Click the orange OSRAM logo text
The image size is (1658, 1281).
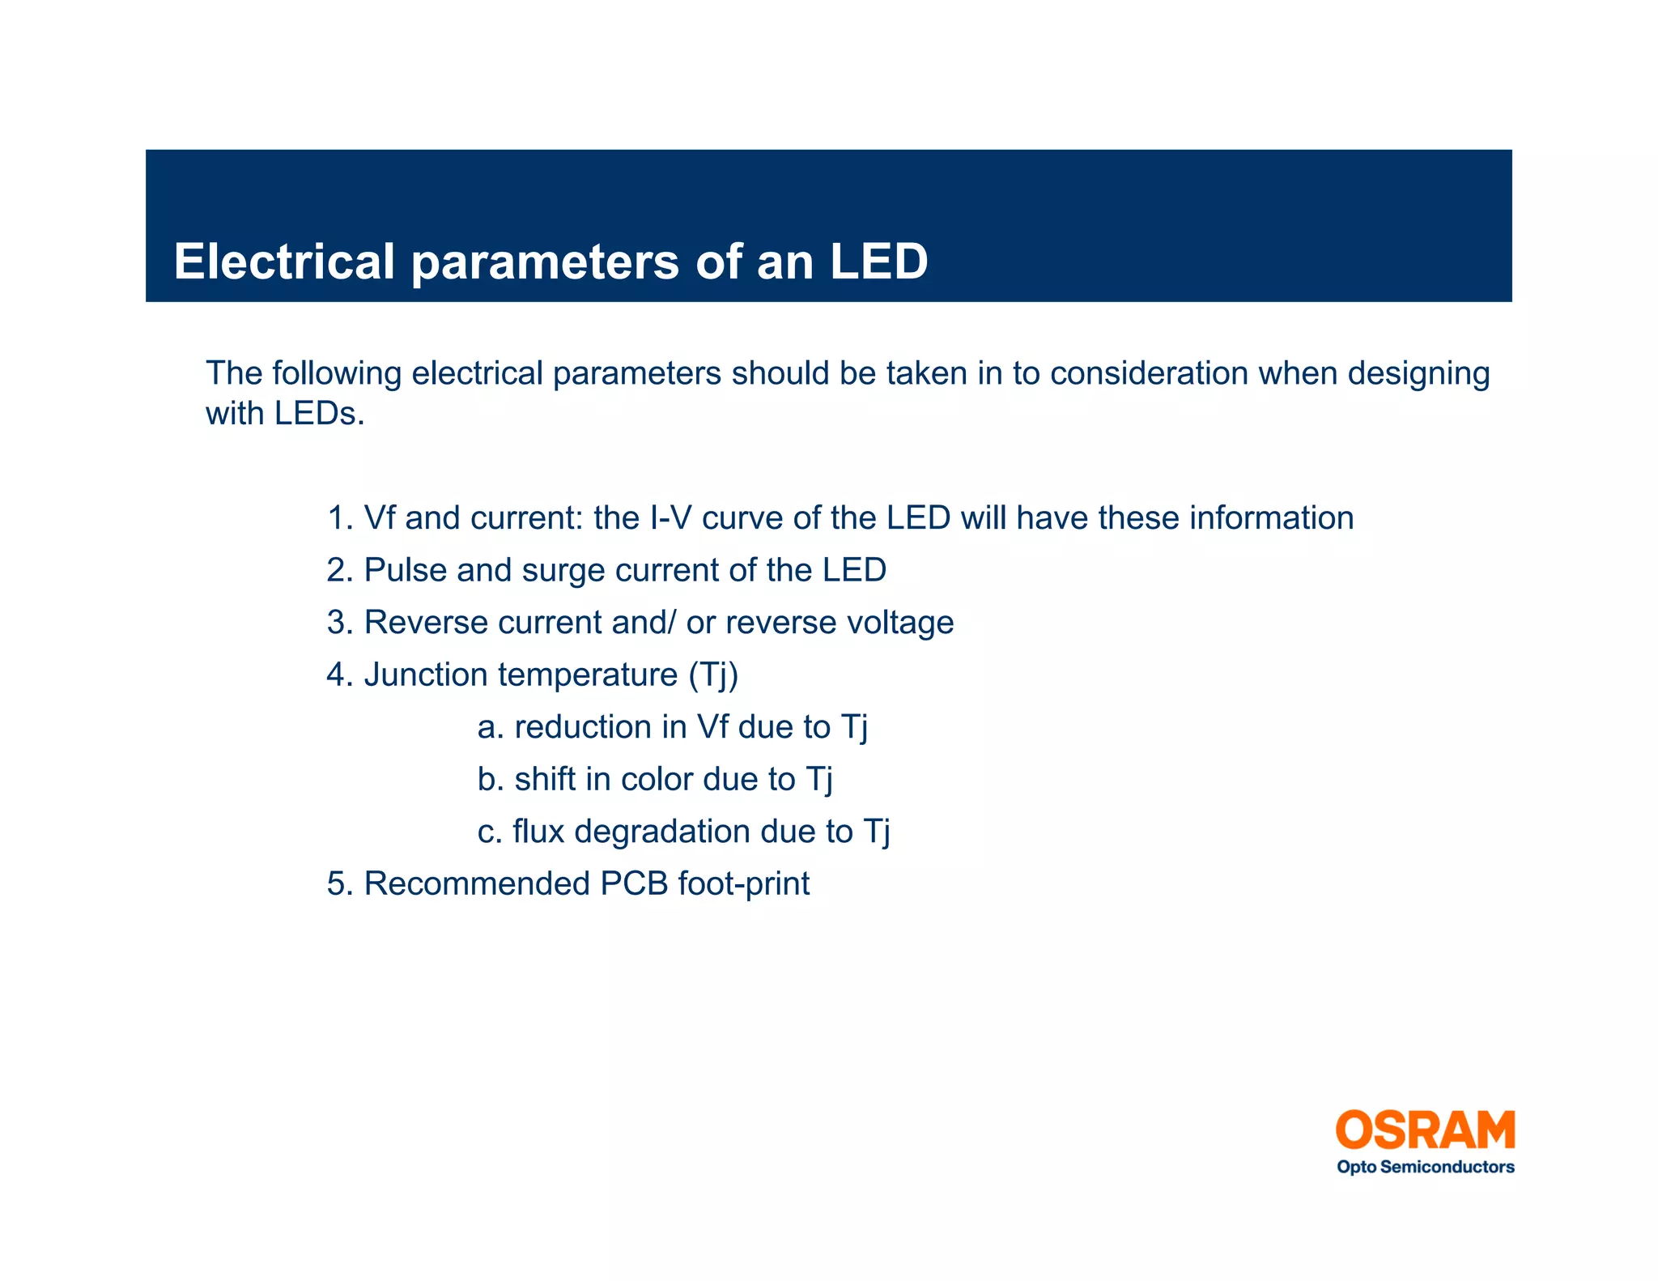(1425, 1130)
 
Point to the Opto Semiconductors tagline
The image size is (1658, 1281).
(1425, 1167)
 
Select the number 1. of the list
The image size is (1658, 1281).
(340, 518)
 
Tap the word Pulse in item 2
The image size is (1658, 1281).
(405, 570)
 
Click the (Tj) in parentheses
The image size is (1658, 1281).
(713, 675)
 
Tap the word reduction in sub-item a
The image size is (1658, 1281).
(582, 727)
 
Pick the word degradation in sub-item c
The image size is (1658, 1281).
(650, 832)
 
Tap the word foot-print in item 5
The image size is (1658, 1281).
(743, 884)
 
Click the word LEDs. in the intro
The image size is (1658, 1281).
(319, 414)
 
